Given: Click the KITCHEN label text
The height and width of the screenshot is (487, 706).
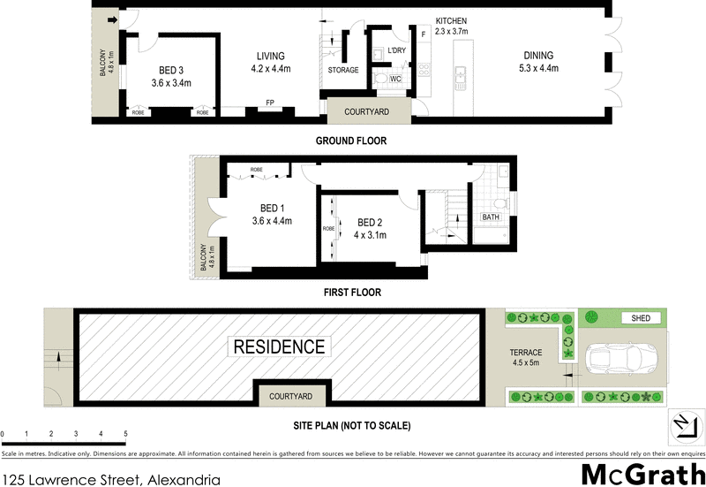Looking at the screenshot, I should tap(450, 20).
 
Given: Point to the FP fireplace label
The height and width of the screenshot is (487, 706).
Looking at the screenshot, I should tap(270, 103).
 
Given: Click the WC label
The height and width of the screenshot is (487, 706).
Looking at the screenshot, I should tap(396, 80).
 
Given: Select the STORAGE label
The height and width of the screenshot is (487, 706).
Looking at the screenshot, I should tap(342, 70).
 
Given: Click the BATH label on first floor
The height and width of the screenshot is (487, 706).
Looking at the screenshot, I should tap(490, 217).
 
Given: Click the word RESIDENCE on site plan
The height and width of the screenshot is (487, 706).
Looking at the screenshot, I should tap(278, 346).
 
